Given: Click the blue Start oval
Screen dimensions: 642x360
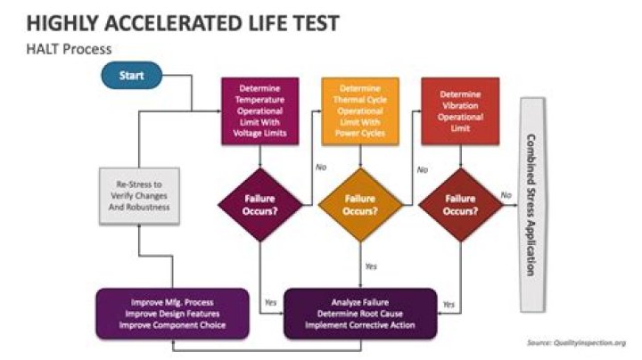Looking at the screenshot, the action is tap(131, 75).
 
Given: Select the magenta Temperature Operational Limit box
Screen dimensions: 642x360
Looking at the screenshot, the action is tap(260, 110).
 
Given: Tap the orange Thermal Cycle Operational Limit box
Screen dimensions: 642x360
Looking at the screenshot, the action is tap(360, 110).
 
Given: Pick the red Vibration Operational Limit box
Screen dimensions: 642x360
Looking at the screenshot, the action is tap(460, 110).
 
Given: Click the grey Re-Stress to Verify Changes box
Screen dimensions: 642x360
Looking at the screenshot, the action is tap(139, 195).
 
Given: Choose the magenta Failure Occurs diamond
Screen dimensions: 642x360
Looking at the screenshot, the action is tap(260, 205).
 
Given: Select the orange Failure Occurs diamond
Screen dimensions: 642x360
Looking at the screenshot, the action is tap(360, 205).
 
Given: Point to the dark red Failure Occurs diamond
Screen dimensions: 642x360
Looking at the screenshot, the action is tap(461, 205).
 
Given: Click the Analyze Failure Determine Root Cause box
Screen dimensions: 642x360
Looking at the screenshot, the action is tap(360, 314).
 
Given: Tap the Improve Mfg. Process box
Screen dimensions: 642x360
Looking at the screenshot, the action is tap(172, 314).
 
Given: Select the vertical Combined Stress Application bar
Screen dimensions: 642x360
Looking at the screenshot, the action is tap(532, 205).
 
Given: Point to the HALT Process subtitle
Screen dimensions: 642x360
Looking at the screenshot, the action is tap(69, 49).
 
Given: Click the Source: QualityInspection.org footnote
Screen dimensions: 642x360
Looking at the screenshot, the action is tap(577, 343).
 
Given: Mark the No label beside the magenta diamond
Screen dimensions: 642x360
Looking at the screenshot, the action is tap(321, 168).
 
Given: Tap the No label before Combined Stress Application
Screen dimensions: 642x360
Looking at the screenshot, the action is tap(506, 195).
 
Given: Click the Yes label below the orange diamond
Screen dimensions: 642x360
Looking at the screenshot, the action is tap(371, 266).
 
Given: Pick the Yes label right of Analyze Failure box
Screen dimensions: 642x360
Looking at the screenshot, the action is tap(449, 305).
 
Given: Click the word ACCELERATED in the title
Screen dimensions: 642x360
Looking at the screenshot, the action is tap(175, 23).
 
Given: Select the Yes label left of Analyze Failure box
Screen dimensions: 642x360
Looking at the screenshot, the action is tap(271, 302).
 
